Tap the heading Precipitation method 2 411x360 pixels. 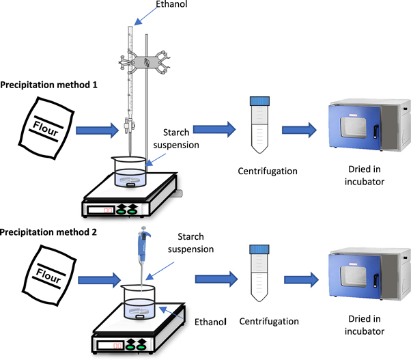click(48, 232)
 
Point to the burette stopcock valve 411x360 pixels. click(127, 125)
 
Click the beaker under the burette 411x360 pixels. click(130, 171)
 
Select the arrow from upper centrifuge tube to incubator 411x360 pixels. click(298, 130)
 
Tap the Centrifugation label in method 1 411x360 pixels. click(259, 171)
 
